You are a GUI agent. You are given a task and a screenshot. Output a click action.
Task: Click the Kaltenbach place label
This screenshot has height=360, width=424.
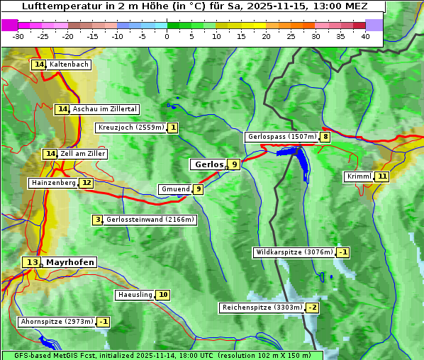click(x=69, y=64)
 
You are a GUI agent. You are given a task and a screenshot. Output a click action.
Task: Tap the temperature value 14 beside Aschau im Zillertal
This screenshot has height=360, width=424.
click(x=62, y=109)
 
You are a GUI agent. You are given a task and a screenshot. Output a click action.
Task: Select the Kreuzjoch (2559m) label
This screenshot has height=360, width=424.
click(x=130, y=128)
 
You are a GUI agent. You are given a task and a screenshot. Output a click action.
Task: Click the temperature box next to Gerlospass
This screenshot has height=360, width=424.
click(x=325, y=137)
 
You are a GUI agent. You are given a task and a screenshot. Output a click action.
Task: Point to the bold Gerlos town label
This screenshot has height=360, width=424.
click(x=208, y=164)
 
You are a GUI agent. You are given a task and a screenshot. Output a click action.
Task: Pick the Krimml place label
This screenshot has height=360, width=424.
click(x=359, y=176)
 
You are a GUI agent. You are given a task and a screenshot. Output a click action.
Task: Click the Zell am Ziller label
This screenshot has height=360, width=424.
click(x=83, y=154)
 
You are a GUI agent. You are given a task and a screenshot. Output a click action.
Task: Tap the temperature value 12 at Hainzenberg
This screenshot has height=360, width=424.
click(x=86, y=183)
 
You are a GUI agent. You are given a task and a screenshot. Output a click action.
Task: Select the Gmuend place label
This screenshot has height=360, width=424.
click(x=175, y=189)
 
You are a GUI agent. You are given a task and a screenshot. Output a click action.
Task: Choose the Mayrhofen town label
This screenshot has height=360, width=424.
click(x=69, y=262)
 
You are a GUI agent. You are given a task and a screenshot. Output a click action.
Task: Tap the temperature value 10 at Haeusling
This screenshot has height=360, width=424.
click(x=163, y=295)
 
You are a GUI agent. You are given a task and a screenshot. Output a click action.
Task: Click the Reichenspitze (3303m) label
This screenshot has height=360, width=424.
click(x=262, y=308)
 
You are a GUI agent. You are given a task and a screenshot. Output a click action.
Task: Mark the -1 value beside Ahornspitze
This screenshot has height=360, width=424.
click(x=104, y=322)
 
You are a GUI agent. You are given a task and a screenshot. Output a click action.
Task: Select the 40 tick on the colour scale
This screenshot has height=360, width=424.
click(x=365, y=36)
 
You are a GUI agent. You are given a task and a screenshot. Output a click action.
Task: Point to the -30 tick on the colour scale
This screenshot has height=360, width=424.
click(x=19, y=36)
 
